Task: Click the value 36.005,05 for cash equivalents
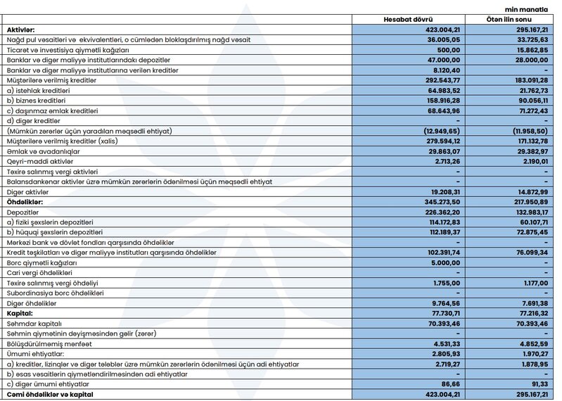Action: point(440,39)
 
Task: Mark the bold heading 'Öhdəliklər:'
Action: point(26,201)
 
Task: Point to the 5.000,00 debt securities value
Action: point(442,262)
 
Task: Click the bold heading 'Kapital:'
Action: point(20,312)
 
